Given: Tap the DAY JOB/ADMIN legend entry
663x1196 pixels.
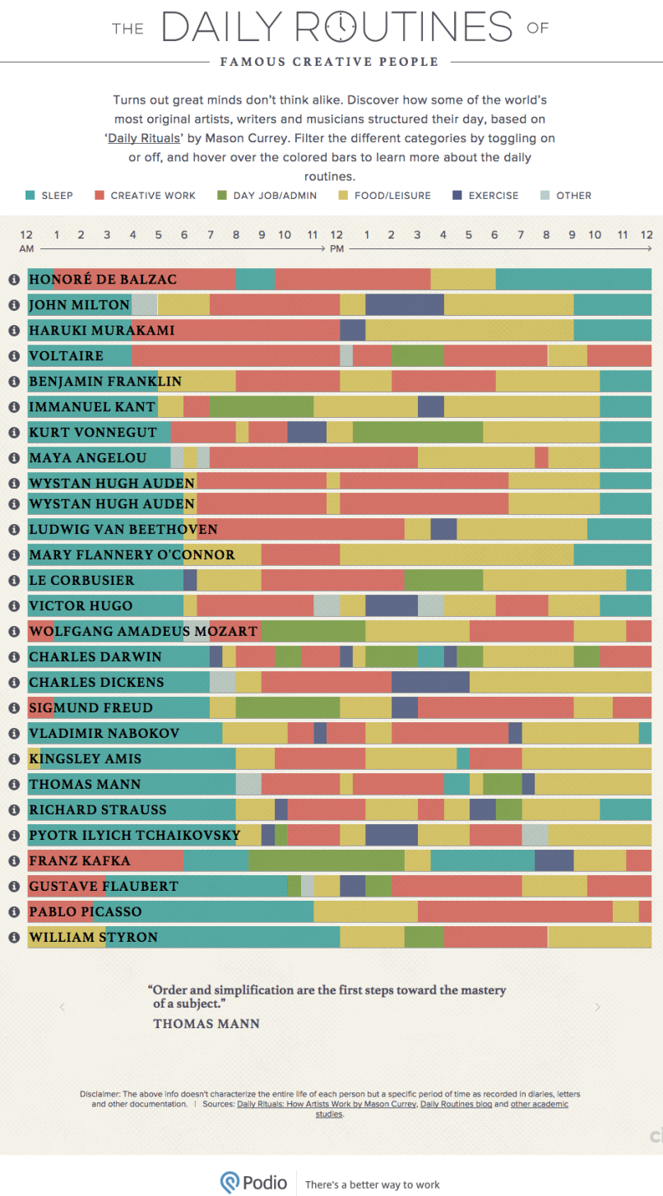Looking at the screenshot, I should (x=261, y=196).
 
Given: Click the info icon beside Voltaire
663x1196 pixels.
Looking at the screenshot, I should (x=13, y=356).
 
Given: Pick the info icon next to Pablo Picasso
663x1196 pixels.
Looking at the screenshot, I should (x=13, y=911).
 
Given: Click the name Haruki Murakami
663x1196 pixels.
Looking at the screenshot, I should (x=101, y=331).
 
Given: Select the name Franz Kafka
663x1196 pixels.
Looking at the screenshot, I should (x=79, y=860).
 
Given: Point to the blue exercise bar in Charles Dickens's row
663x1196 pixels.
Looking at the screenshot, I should (x=430, y=682).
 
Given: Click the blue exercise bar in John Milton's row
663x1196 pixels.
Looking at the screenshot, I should (x=404, y=305).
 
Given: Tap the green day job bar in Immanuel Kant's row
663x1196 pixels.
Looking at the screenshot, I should (x=262, y=407).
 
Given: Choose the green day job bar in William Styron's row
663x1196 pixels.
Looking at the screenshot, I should (x=424, y=937).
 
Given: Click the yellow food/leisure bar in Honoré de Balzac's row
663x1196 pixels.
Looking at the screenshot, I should (x=463, y=280).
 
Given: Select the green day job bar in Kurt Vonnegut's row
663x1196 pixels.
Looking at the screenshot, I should (x=417, y=433).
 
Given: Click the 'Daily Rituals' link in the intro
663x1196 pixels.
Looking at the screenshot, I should (x=143, y=139).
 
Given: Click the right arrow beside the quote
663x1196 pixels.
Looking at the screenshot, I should (x=598, y=1007).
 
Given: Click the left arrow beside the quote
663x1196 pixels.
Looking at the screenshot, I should (x=61, y=1007).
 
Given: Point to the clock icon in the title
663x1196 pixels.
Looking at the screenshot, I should (x=339, y=26).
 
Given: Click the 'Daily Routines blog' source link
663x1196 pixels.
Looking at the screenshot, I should (x=456, y=1105).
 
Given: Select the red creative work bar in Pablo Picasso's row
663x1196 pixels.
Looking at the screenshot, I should (x=515, y=911).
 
